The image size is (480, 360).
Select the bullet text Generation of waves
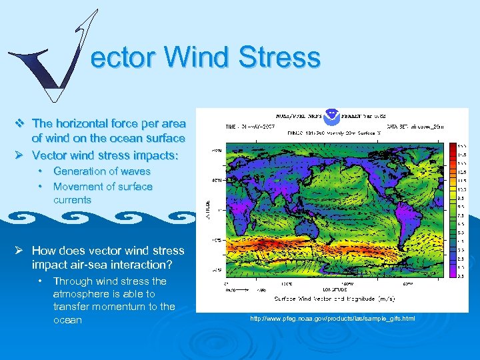click(102, 171)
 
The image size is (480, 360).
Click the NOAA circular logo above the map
click(331, 115)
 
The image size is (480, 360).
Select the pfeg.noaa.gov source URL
click(332, 319)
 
